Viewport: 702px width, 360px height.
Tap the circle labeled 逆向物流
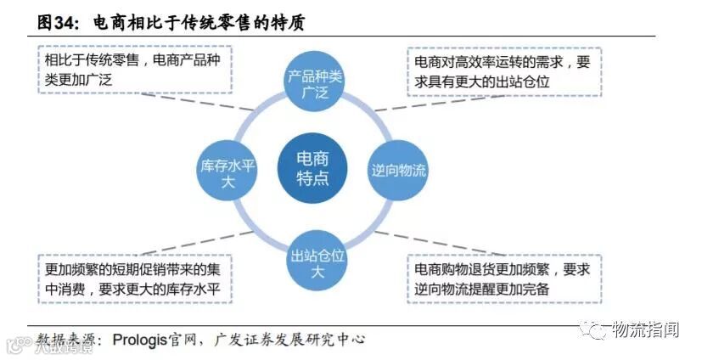(398, 170)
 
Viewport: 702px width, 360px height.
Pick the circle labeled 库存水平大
(227, 170)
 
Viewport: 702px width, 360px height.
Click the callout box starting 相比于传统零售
(135, 70)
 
